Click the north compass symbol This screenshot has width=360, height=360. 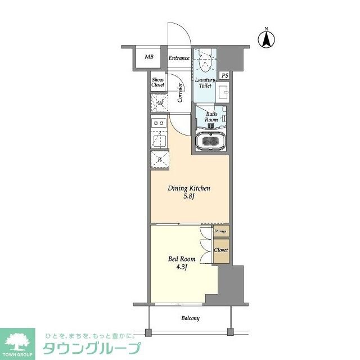pos(266,39)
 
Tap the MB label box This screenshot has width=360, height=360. pos(149,57)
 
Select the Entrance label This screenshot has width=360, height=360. pos(179,58)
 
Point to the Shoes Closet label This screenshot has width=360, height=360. pos(158,82)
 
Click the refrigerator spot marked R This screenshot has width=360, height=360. pos(160,160)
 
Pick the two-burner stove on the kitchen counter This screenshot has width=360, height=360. pos(159,123)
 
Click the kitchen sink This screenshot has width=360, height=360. pos(159,139)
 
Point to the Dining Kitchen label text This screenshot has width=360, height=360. pos(189,188)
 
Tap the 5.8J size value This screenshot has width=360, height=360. pos(189,197)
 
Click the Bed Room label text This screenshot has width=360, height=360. pos(182,259)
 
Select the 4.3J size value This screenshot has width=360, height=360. pos(182,268)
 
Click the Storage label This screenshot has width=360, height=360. pos(220,231)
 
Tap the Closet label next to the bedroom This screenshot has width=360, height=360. pos(220,250)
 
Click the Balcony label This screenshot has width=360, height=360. pos(190,318)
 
